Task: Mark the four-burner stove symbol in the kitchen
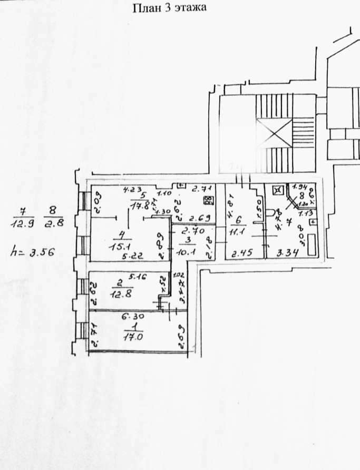[x=208, y=200]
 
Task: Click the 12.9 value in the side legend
[x=21, y=224]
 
